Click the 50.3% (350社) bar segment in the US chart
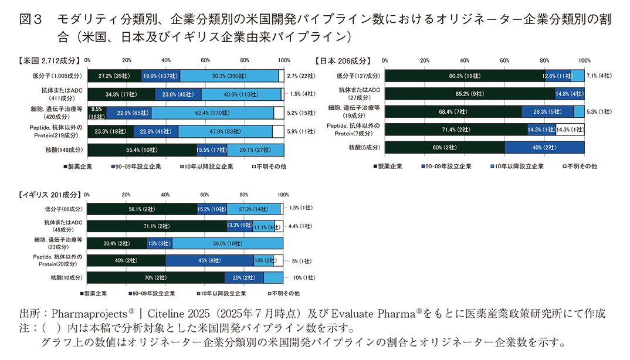(229, 76)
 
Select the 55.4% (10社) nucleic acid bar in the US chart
(142, 150)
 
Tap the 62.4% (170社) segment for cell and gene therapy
(212, 113)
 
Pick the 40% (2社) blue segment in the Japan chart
(544, 147)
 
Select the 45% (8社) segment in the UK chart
(209, 260)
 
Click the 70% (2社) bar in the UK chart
(156, 277)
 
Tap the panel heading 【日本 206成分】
(343, 60)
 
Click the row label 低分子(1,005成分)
(58, 76)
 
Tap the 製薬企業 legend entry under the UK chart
(94, 293)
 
